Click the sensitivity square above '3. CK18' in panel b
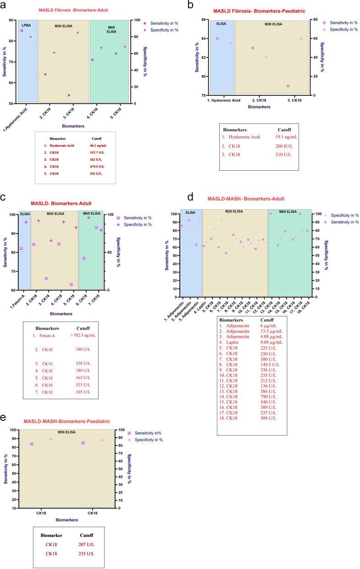pyautogui.click(x=288, y=86)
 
